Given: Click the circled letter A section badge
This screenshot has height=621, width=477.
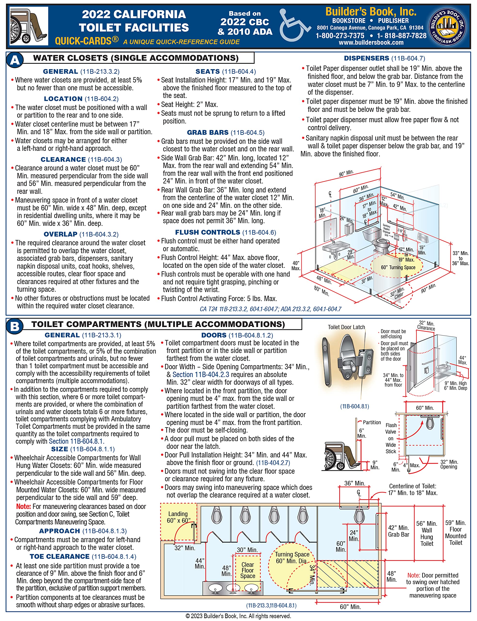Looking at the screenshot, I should pyautogui.click(x=15, y=60).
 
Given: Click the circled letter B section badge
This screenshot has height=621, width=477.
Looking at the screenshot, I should pyautogui.click(x=15, y=326).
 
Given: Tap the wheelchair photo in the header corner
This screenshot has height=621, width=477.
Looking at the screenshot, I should pyautogui.click(x=29, y=26).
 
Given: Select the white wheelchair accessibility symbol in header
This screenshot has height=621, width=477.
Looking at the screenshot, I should pyautogui.click(x=294, y=25).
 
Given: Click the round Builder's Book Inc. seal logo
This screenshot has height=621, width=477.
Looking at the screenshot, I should pyautogui.click(x=447, y=26).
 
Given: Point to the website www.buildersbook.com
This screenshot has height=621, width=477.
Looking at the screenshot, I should pyautogui.click(x=371, y=43).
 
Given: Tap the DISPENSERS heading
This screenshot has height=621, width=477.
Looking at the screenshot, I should pyautogui.click(x=366, y=58).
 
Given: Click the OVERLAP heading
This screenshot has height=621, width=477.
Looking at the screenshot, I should pyautogui.click(x=60, y=234).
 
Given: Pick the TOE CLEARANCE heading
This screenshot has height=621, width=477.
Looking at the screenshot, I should pyautogui.click(x=60, y=556).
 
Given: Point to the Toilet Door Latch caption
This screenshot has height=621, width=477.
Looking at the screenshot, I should pyautogui.click(x=346, y=327).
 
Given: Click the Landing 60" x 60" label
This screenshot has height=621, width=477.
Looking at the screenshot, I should pyautogui.click(x=178, y=517).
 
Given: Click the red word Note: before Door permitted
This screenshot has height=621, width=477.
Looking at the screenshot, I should pyautogui.click(x=413, y=575).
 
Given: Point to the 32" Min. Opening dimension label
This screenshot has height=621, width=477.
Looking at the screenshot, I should pyautogui.click(x=449, y=464).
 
